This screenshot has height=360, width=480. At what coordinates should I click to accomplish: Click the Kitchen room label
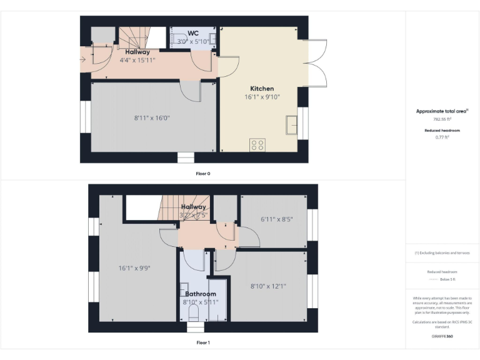coord(262,88)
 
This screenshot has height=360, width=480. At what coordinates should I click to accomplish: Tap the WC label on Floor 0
coord(193,33)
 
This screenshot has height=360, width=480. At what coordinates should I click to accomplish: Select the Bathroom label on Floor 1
coord(200,294)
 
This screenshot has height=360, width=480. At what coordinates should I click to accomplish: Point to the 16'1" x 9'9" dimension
coord(134,267)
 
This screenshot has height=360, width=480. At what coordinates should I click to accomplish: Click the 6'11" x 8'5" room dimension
coord(276,219)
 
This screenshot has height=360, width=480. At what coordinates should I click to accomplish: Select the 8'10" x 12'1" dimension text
coord(268,286)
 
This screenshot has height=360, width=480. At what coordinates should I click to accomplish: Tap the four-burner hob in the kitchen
coord(257,145)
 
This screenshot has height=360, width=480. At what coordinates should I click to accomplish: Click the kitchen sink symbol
coord(292,125)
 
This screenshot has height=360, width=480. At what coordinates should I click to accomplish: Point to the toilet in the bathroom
coord(193,312)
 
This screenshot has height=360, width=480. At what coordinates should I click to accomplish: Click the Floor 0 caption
coord(202,173)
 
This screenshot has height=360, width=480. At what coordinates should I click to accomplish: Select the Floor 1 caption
coord(202,342)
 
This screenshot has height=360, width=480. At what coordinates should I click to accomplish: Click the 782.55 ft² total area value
coord(442,118)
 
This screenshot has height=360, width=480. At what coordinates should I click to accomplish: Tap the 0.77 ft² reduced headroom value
coord(442,137)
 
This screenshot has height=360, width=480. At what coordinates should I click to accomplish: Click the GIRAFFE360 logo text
coord(442,336)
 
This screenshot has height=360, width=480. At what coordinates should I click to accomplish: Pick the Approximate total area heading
coord(442,111)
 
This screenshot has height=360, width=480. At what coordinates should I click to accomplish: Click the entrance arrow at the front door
coord(84,59)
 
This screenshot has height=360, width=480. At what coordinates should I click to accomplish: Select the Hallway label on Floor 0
coord(137,52)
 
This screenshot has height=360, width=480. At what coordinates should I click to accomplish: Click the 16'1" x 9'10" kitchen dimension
coord(262,97)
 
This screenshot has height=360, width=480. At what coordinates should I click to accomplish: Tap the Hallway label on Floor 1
coord(194,207)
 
